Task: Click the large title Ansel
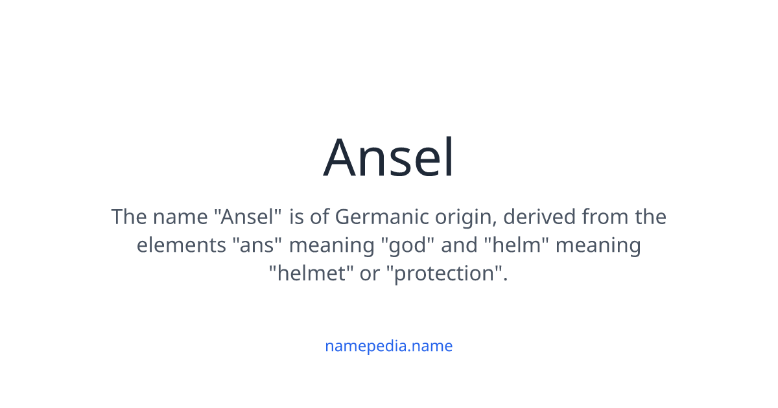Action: coord(389,157)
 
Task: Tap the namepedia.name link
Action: coord(388,346)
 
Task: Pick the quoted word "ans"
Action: coord(257,245)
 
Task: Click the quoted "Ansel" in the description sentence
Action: coord(248,216)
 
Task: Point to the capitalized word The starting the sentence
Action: coord(129,216)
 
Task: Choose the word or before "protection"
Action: coord(370,274)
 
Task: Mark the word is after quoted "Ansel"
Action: coord(297,216)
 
